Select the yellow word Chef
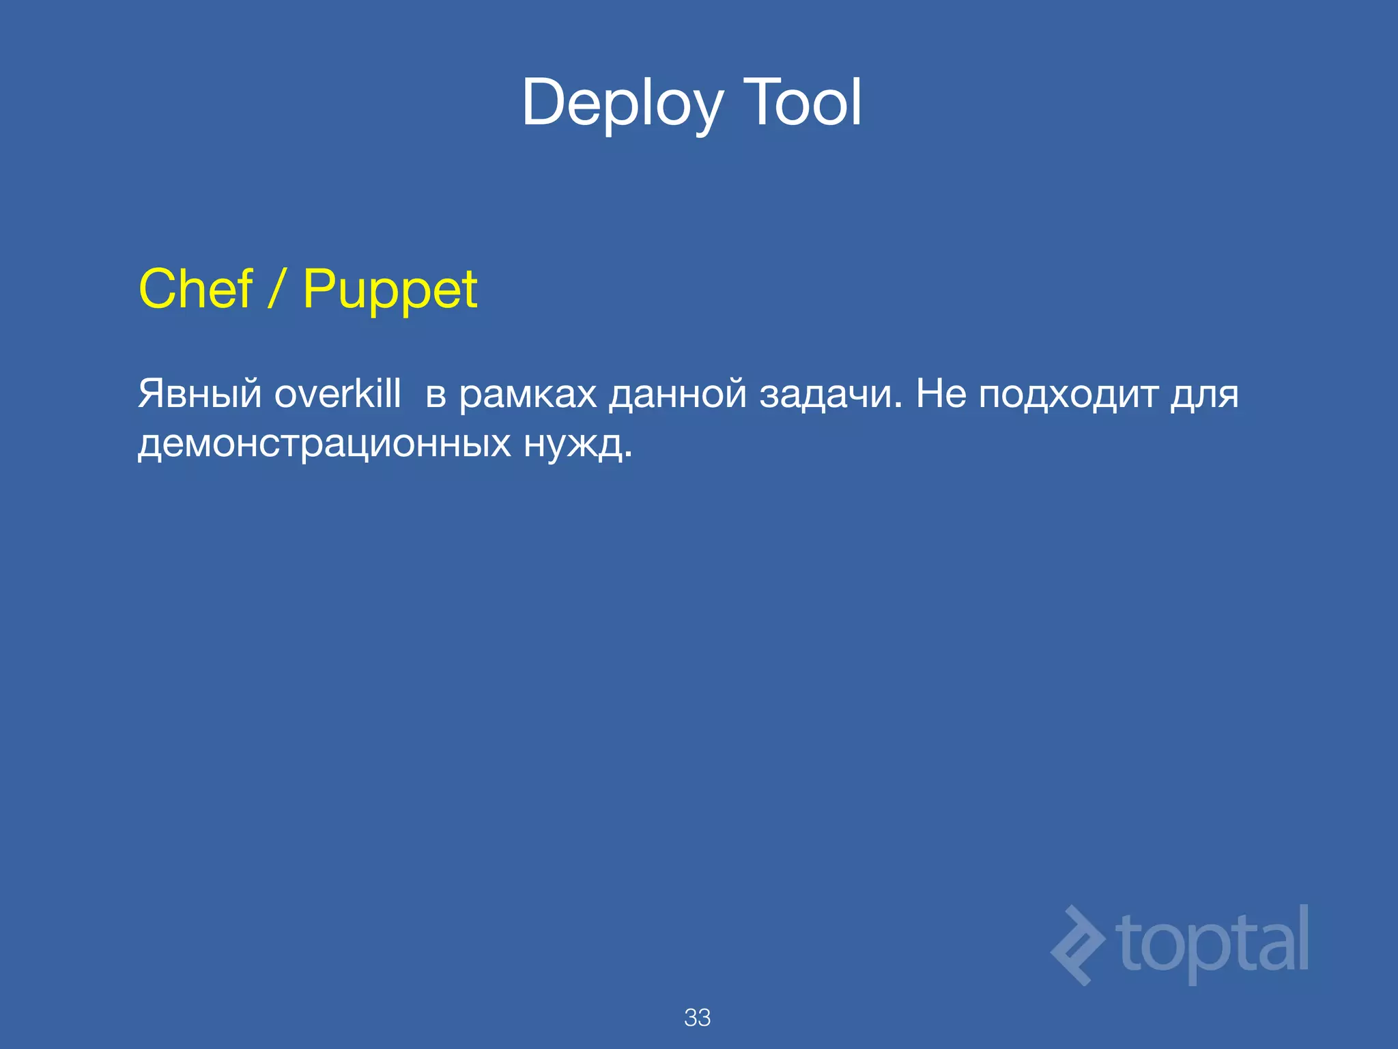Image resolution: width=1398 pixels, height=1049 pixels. click(196, 289)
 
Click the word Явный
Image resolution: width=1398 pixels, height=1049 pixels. click(199, 395)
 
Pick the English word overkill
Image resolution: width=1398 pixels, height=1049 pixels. click(337, 394)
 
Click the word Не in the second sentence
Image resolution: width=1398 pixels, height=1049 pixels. click(941, 394)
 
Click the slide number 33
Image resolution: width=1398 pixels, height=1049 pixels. click(697, 1018)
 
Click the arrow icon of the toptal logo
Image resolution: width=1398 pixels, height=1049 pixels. click(1077, 945)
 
